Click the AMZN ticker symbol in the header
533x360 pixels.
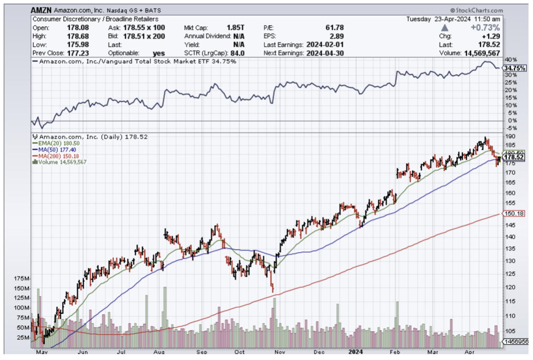(42, 10)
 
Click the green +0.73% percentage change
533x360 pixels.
(485, 27)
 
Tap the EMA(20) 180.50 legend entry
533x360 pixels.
(56, 143)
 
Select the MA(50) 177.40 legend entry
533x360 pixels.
(56, 149)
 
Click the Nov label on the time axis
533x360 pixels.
(279, 353)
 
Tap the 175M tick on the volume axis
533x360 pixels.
(21, 279)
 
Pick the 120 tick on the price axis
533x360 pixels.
(509, 287)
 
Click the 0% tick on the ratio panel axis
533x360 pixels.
(508, 121)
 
